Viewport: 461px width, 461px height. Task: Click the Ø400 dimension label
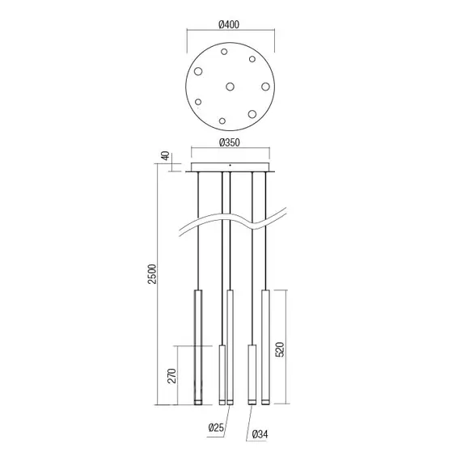pyautogui.click(x=229, y=24)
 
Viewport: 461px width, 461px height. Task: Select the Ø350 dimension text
pyautogui.click(x=230, y=142)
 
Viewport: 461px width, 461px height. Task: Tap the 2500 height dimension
pyautogui.click(x=152, y=274)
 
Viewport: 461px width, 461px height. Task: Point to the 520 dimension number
pyautogui.click(x=280, y=349)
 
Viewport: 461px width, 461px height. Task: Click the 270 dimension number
pyautogui.click(x=171, y=376)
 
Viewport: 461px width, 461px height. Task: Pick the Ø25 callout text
pyautogui.click(x=217, y=427)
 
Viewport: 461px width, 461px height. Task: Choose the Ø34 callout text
pyautogui.click(x=260, y=434)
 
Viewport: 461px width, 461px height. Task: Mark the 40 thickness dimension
pyautogui.click(x=166, y=156)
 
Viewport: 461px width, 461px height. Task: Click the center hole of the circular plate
pyautogui.click(x=230, y=87)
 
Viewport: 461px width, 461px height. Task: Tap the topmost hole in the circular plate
pyautogui.click(x=224, y=52)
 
